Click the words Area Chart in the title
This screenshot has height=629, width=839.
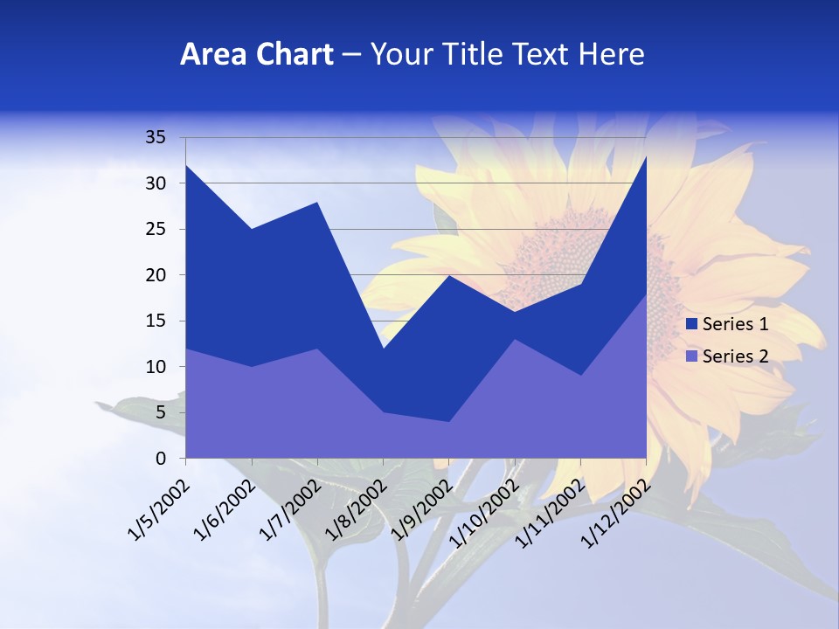[256, 55]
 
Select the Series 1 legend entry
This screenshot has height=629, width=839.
[735, 324]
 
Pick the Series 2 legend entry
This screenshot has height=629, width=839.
[735, 356]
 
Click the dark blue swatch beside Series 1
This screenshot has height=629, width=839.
[691, 324]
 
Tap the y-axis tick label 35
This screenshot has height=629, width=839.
[155, 137]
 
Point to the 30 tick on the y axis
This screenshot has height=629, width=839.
[155, 183]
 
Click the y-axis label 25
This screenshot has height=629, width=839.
[155, 229]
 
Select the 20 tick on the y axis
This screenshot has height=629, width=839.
[155, 275]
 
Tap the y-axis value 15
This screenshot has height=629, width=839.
[155, 321]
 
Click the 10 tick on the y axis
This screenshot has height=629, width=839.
[155, 367]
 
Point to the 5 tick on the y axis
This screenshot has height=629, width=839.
[160, 412]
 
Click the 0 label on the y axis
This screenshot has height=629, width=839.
[160, 458]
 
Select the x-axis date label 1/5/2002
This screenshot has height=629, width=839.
[158, 509]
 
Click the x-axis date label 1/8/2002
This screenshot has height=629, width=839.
[355, 509]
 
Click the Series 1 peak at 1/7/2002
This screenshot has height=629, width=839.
[317, 203]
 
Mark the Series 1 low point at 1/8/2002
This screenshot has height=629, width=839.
[383, 349]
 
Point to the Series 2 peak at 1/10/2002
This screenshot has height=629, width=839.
[514, 340]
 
